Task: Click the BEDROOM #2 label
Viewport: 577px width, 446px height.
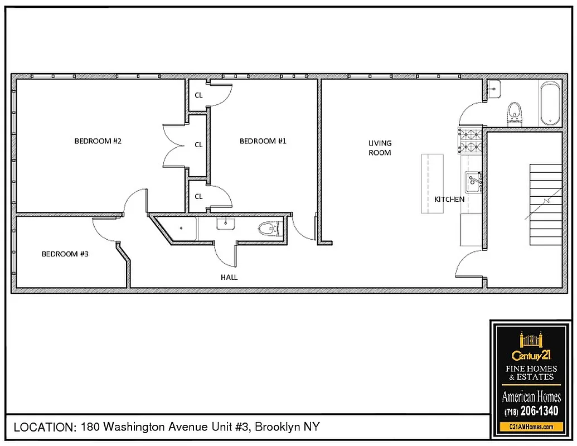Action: coord(98,141)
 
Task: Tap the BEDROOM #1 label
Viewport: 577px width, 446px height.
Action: coord(263,141)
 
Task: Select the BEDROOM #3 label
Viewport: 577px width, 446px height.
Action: coord(65,254)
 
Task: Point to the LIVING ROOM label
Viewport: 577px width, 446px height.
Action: coord(380,148)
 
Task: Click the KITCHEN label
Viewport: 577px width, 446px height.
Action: coord(449,199)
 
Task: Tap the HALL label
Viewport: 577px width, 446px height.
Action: coord(229,277)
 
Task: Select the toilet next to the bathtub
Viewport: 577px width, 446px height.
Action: coord(515,112)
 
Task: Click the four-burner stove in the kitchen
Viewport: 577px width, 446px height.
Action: coord(470,140)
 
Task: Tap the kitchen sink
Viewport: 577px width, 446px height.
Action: coord(473,181)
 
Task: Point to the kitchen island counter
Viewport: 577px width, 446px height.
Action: coord(432,183)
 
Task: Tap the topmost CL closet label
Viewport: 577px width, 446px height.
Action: coord(198,95)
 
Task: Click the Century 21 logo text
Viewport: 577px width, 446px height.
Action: coord(531,355)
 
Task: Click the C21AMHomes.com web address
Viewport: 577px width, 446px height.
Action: coord(531,426)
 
